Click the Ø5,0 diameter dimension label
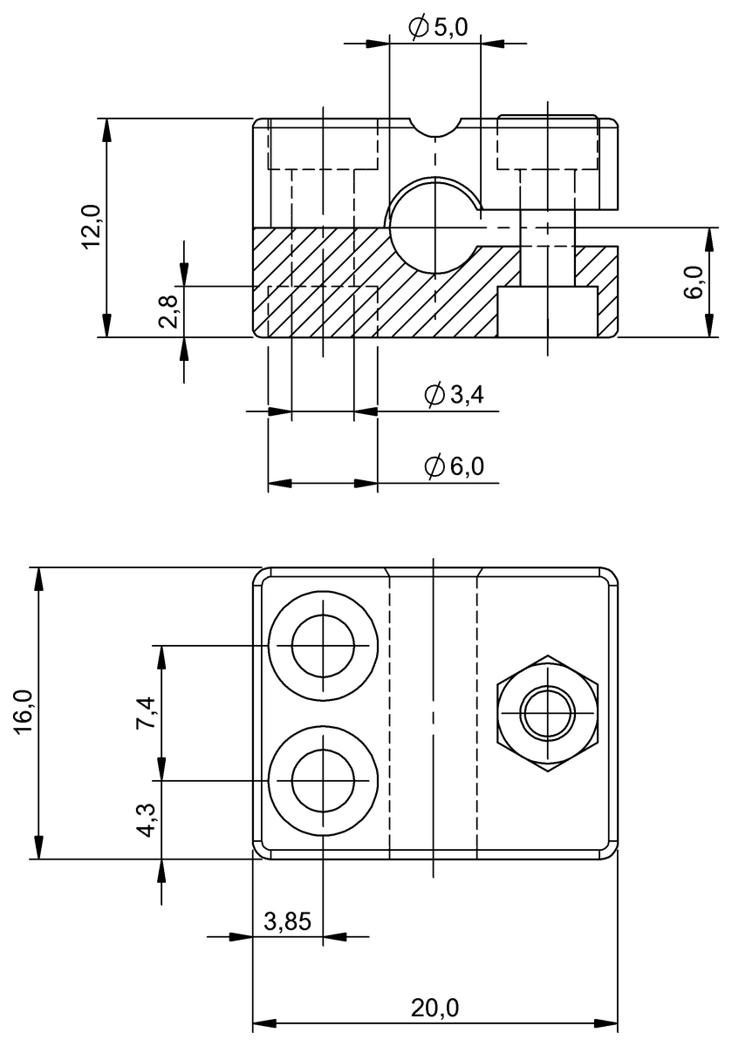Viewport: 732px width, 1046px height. click(x=439, y=28)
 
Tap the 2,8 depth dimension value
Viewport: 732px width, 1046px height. click(x=169, y=310)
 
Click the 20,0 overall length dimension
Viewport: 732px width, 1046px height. click(x=434, y=1008)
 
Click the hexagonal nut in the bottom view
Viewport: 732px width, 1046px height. click(x=547, y=713)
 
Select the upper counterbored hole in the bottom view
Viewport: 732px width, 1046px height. click(x=323, y=646)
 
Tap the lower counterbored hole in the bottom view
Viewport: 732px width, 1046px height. click(x=323, y=780)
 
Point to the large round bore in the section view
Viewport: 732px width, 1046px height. click(x=434, y=228)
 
